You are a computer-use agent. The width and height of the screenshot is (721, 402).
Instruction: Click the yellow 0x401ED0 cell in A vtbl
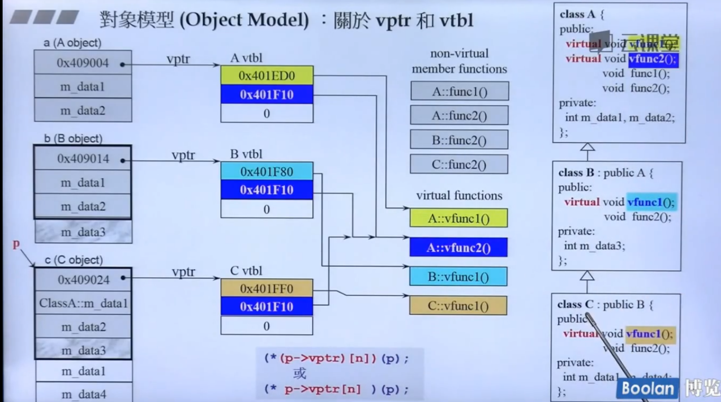click(267, 76)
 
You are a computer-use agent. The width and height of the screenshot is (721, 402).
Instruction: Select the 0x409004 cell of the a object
click(83, 63)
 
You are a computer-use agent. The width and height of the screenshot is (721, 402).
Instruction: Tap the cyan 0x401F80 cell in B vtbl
click(267, 172)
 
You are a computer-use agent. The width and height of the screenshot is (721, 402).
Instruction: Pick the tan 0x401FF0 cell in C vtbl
click(267, 288)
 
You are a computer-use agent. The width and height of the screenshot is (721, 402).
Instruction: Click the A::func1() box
click(459, 92)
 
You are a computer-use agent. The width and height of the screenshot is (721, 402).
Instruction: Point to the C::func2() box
click(459, 164)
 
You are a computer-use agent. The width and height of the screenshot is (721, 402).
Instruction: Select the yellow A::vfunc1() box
click(458, 218)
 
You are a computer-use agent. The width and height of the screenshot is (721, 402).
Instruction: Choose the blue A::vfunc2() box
click(458, 248)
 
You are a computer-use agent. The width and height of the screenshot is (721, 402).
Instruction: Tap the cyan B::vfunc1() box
click(458, 277)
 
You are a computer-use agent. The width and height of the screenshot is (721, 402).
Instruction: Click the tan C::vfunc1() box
click(458, 306)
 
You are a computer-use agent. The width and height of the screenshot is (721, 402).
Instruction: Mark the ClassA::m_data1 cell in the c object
click(83, 303)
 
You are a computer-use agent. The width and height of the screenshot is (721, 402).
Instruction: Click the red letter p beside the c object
click(16, 244)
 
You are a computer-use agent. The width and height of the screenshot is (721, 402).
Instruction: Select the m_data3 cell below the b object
click(83, 232)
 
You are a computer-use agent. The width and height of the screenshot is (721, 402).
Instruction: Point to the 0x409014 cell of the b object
click(83, 159)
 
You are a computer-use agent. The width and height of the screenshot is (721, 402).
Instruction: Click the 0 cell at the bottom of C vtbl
click(267, 326)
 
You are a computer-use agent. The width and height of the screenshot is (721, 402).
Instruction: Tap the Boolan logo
click(647, 389)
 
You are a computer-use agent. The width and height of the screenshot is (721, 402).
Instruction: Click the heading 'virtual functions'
click(459, 196)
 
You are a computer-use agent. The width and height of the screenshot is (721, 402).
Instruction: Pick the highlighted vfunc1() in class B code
click(651, 202)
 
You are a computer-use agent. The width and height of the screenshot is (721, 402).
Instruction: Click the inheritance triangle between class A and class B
click(587, 148)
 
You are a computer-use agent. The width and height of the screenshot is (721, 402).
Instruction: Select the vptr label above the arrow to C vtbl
click(183, 272)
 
